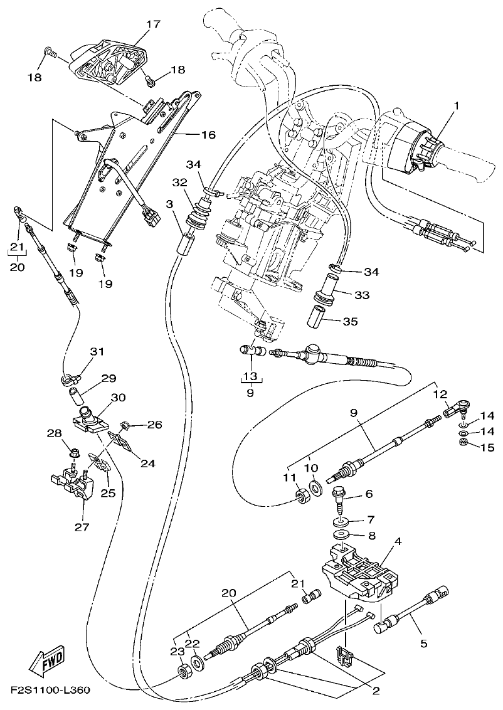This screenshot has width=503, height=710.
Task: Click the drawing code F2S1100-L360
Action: coord(50,691)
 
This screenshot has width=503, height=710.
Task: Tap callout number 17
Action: coord(153,24)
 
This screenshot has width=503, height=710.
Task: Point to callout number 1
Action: coord(457,106)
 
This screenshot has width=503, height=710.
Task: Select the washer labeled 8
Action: coord(341,534)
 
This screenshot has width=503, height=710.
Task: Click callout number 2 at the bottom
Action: coord(376,691)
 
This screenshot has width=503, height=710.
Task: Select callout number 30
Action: coord(119,398)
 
